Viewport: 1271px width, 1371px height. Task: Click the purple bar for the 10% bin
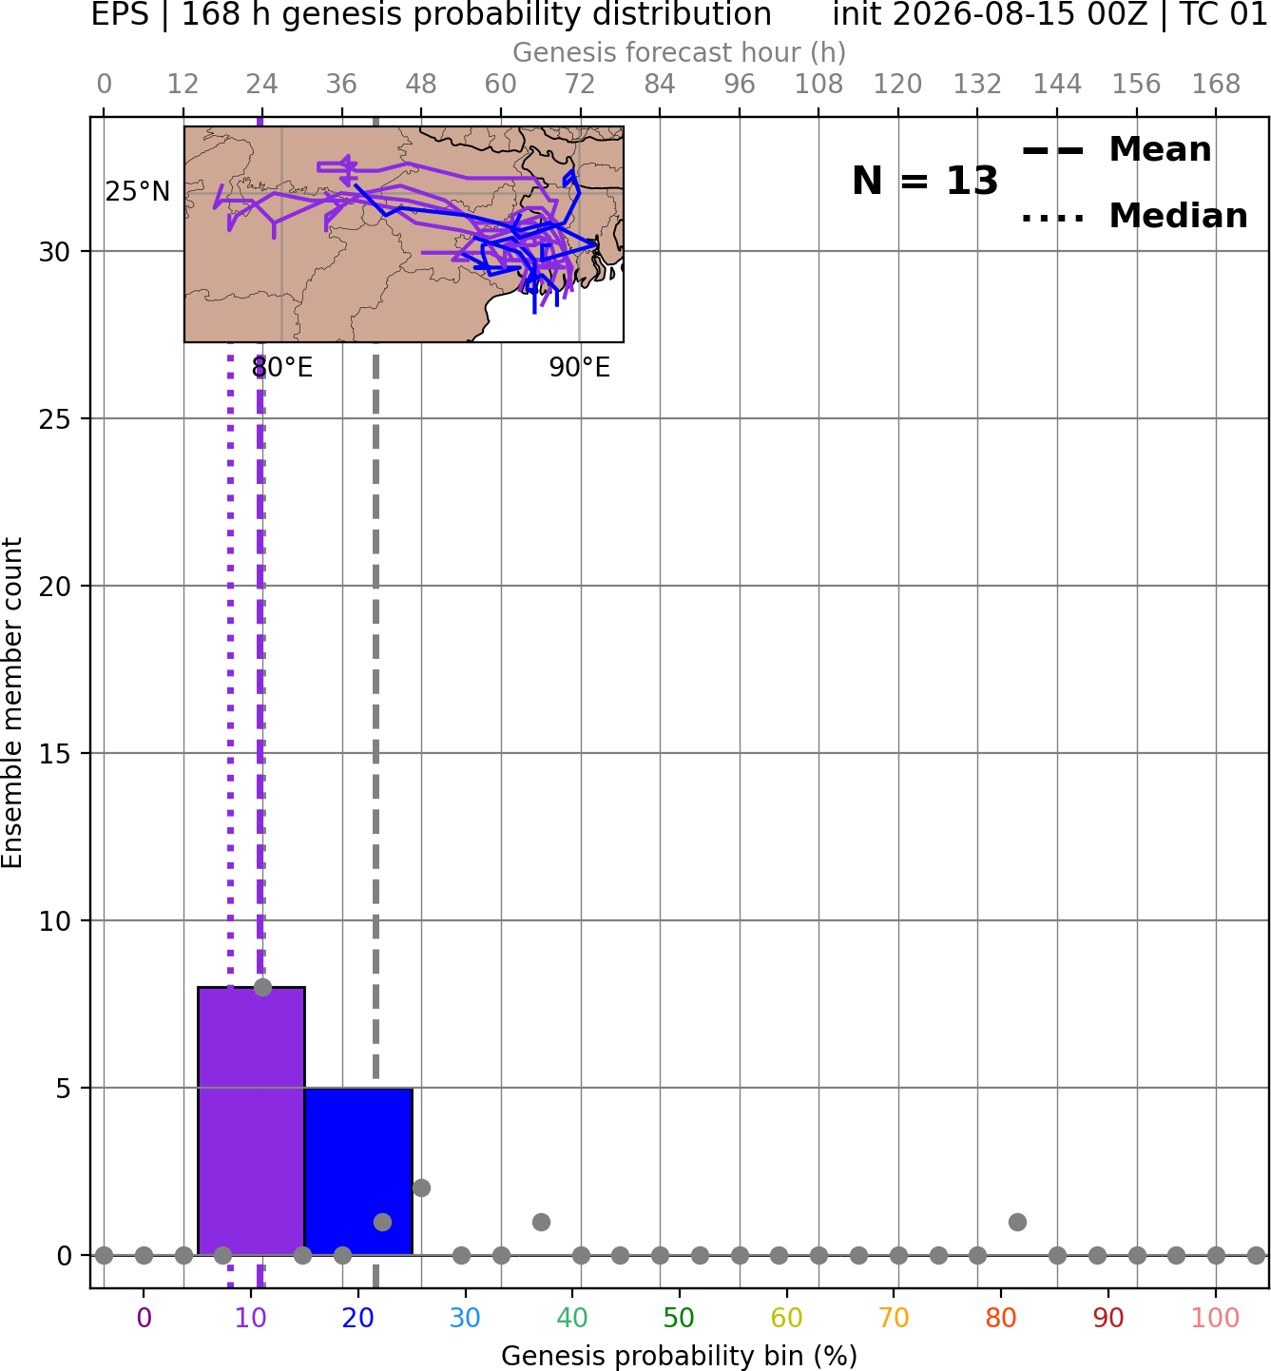coord(251,1121)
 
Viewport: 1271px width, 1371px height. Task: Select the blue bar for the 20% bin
coord(359,1171)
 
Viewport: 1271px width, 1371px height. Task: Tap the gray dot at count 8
coord(262,987)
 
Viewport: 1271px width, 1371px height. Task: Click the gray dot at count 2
coord(421,1188)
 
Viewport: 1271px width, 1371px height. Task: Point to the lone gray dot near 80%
coord(1017,1222)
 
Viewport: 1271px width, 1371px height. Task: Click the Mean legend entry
coord(1116,150)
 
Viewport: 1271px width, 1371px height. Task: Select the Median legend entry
coord(1134,216)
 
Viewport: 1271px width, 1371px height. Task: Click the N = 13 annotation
coord(924,181)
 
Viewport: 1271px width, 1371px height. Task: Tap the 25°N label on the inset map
coord(138,191)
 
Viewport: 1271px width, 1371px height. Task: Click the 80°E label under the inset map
coord(281,367)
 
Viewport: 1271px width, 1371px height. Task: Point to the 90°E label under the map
coord(579,367)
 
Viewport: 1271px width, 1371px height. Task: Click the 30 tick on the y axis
coord(54,252)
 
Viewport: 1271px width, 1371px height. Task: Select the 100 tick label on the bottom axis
coord(1215,1318)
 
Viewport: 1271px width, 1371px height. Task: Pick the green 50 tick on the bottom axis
coord(679,1318)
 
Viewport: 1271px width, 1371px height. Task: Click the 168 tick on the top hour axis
coord(1216,85)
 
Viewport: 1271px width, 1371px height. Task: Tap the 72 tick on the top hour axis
coord(580,85)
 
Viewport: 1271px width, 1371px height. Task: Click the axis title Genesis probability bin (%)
coord(679,1355)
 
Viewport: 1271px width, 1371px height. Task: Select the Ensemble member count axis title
coord(11,703)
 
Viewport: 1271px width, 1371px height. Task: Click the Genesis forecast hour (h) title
coord(679,52)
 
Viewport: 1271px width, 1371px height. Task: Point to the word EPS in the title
coord(120,15)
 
